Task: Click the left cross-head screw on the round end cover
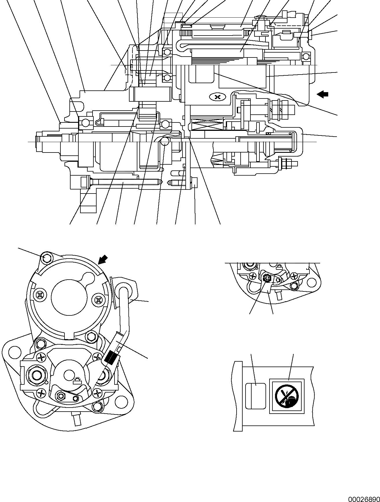coord(40,295)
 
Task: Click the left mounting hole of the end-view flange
coord(13,353)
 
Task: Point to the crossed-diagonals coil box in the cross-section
coord(206,125)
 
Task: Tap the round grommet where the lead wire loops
coord(124,292)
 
